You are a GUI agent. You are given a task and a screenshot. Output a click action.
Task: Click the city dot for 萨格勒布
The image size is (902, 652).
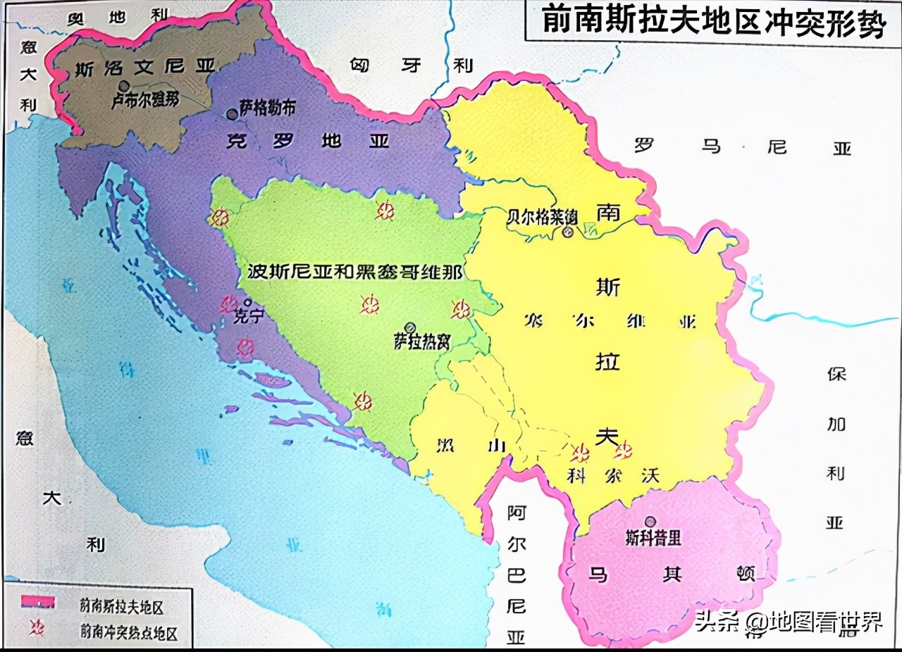tap(232, 113)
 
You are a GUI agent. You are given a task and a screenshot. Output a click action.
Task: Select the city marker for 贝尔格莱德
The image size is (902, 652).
tap(568, 232)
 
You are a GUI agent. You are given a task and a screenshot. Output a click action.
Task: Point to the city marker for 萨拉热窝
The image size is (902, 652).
tap(410, 327)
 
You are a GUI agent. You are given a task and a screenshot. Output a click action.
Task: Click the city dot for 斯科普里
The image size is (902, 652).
tap(650, 522)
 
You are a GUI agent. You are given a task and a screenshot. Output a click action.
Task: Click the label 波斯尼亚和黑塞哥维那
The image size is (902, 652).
tap(355, 272)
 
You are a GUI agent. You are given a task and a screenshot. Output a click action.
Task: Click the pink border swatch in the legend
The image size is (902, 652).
tap(38, 601)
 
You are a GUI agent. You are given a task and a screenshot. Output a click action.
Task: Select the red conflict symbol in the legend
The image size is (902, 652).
tap(37, 627)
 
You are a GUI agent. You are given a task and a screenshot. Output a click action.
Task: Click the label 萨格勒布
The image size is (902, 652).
tap(267, 106)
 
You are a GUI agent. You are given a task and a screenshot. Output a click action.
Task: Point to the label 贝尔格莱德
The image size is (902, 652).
tap(541, 216)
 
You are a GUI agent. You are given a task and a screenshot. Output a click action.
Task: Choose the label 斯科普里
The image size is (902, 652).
tap(653, 538)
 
